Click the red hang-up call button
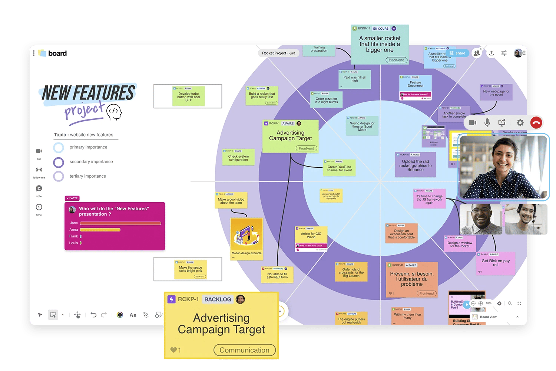point(536,123)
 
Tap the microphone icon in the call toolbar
point(487,123)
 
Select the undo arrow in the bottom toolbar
point(93,315)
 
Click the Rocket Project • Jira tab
point(278,53)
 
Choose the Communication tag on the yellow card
point(245,350)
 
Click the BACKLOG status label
point(218,299)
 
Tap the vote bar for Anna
point(100,230)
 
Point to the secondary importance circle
point(59,162)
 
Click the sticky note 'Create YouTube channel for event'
point(339,168)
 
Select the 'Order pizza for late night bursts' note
point(326,99)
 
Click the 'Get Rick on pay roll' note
point(495,263)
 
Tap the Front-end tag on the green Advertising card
point(306,148)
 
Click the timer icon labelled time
point(39,207)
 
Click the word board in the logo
point(57,53)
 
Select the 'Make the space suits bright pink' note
point(191,269)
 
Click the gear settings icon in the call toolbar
point(520,123)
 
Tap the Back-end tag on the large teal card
point(396,60)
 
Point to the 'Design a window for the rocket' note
point(460,244)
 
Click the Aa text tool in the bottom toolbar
point(133,315)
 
